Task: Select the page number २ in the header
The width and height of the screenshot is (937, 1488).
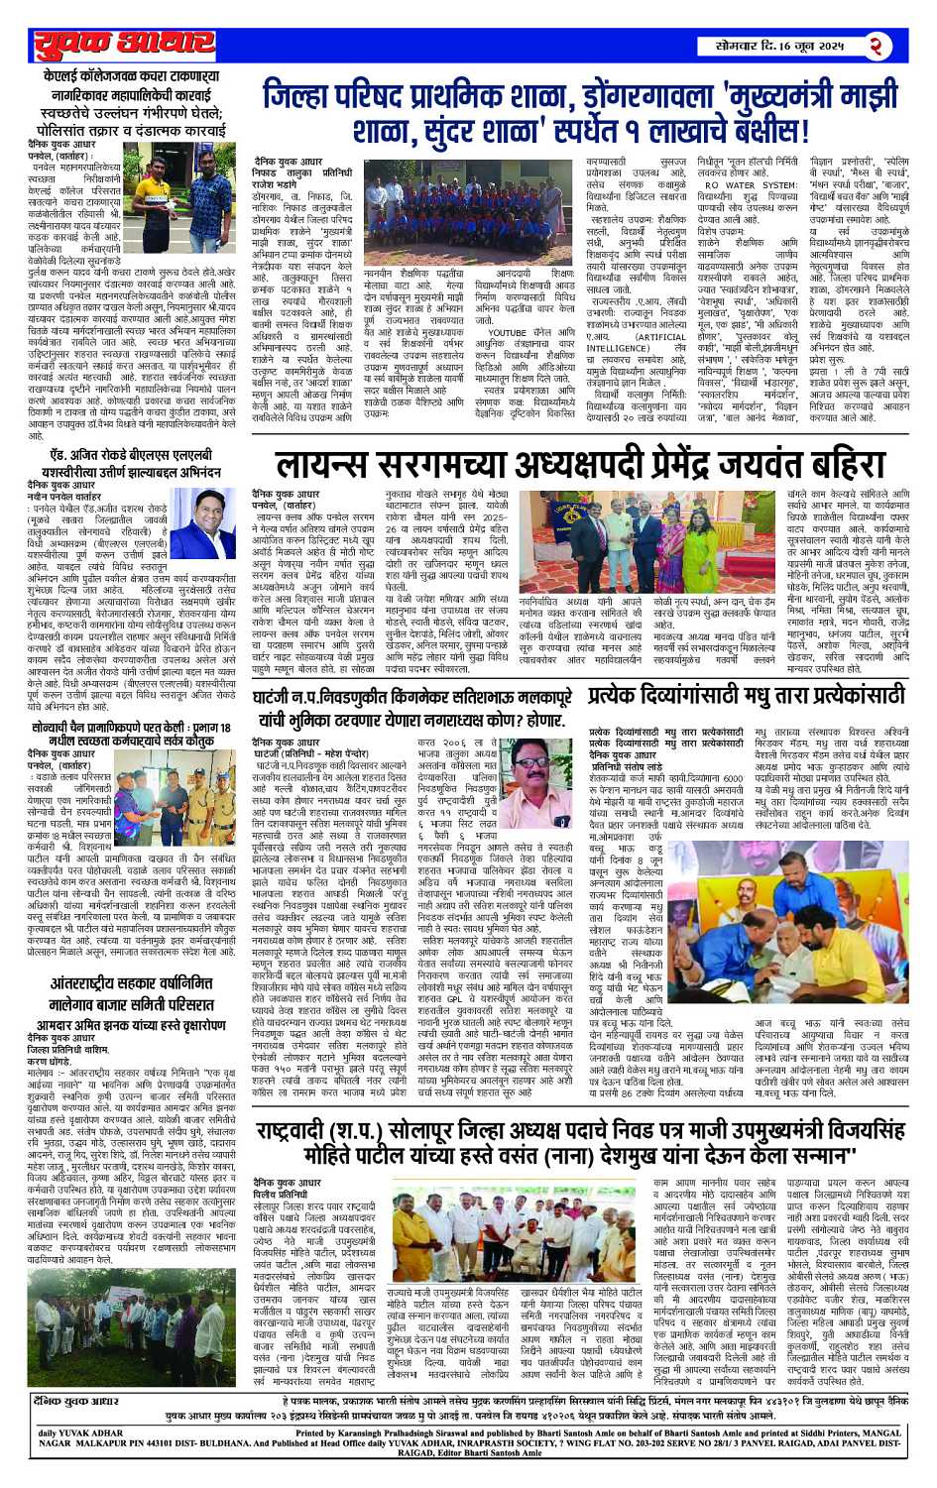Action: click(877, 46)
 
